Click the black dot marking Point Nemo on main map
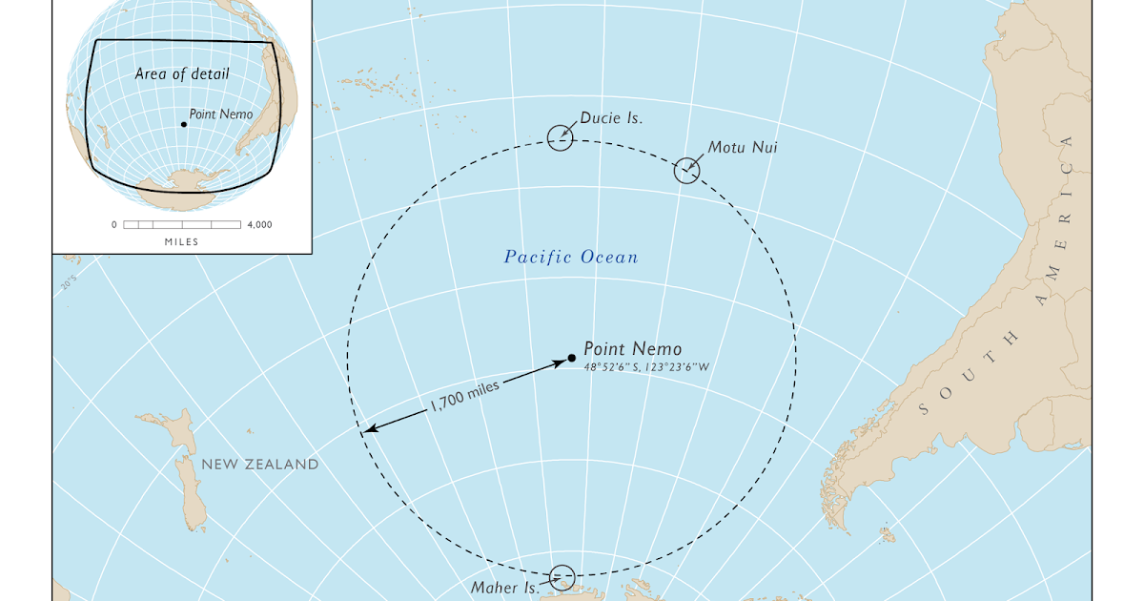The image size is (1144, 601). point(571,359)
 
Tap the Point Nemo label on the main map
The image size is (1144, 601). point(632,349)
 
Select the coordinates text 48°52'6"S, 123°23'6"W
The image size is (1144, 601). point(646,366)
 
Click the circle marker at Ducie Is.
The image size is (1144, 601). point(561,138)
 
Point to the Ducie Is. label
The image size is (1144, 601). point(611,118)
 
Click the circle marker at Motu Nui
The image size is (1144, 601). point(686,171)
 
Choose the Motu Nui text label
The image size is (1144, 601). point(742,148)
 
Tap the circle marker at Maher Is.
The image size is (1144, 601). point(562,577)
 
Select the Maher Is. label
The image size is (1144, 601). point(505,588)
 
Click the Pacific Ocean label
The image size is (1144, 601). point(571,257)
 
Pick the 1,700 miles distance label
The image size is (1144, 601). point(464,392)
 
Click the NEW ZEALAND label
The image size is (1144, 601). point(259,465)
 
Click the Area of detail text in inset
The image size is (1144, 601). point(182,73)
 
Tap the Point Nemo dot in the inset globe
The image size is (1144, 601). point(183,124)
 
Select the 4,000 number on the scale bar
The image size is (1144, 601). point(259,225)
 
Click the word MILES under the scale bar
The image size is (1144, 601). point(181,242)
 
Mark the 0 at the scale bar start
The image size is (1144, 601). point(114,225)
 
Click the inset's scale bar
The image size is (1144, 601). point(182,225)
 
